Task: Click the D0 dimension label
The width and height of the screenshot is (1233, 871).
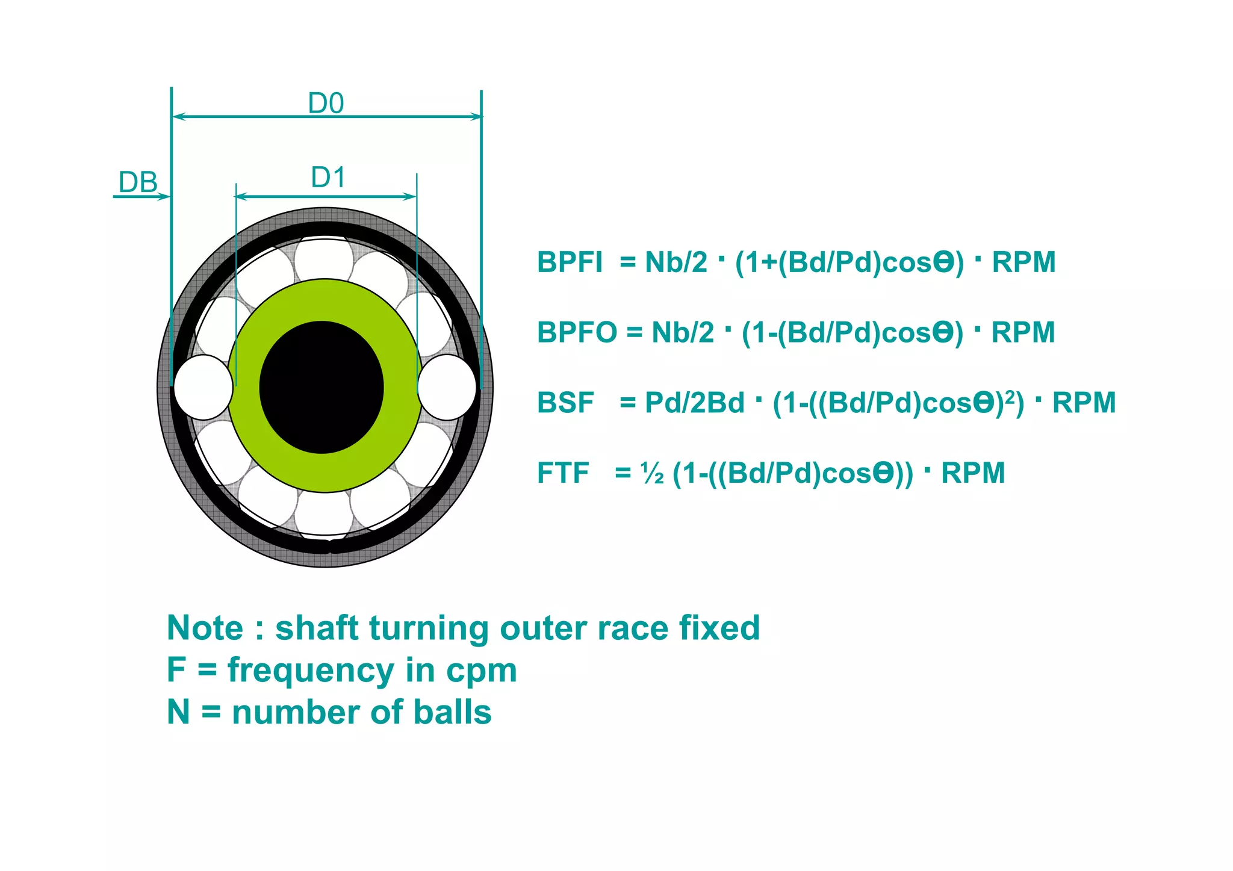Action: coord(326,104)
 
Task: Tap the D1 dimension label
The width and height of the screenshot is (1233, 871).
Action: coord(328,178)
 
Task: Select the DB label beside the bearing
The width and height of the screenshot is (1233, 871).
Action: coord(138,182)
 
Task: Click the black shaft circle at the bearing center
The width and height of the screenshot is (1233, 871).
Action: coord(321,387)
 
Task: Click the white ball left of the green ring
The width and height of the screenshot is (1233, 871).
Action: coord(203,387)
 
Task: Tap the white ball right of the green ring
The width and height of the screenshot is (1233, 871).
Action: coord(447,387)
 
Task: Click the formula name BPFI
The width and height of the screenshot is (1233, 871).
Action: coord(570,262)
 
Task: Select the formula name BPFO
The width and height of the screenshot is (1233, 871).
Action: coord(577,333)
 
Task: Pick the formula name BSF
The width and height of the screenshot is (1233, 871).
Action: coord(565,403)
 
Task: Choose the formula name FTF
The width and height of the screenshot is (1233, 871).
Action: coord(563,473)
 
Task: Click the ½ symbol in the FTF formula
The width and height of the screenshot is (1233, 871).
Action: coord(653,474)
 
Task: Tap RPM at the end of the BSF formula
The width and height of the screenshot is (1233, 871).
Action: coord(1084,403)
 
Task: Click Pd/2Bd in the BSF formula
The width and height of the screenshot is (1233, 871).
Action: coord(694,403)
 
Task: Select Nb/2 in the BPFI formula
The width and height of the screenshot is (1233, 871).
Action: coord(676,262)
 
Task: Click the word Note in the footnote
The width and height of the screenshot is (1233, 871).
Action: coord(205,628)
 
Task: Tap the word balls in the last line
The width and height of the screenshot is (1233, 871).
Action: coord(452,713)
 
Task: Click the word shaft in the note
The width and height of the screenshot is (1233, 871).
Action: coord(317,628)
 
